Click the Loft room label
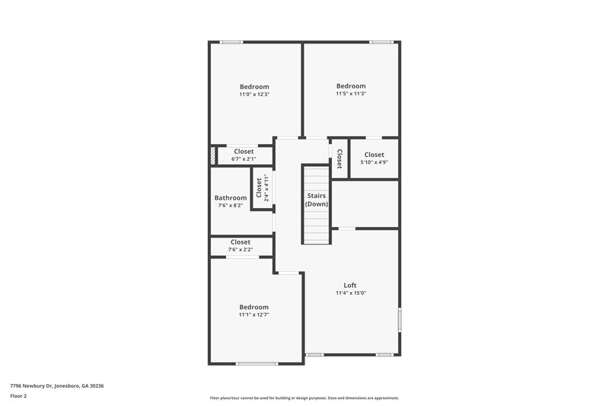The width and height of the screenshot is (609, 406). (x=351, y=286)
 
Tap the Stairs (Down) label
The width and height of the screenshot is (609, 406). (x=317, y=200)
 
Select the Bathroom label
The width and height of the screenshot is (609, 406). (x=231, y=198)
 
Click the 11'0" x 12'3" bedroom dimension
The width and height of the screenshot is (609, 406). (x=254, y=94)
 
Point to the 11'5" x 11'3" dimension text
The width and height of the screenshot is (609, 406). (x=351, y=94)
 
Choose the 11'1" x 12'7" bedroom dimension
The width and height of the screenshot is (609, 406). (x=253, y=315)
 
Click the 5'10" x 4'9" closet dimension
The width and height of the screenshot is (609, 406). (x=374, y=162)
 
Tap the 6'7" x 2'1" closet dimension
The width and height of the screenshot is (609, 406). (x=244, y=159)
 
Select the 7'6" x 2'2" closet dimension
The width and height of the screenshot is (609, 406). (x=240, y=250)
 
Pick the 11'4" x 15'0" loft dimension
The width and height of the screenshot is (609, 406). (x=351, y=293)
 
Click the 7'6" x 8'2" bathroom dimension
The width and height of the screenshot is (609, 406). (x=231, y=206)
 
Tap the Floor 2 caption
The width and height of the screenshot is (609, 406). (x=18, y=397)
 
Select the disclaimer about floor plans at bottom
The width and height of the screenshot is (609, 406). (x=304, y=398)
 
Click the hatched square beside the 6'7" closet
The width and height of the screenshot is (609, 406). (x=213, y=155)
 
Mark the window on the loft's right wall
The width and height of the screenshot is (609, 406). (x=399, y=318)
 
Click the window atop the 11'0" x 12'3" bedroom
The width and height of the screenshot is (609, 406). (x=231, y=42)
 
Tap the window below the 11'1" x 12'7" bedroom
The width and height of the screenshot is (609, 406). (x=257, y=363)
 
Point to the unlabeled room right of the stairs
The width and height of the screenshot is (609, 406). (x=365, y=203)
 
